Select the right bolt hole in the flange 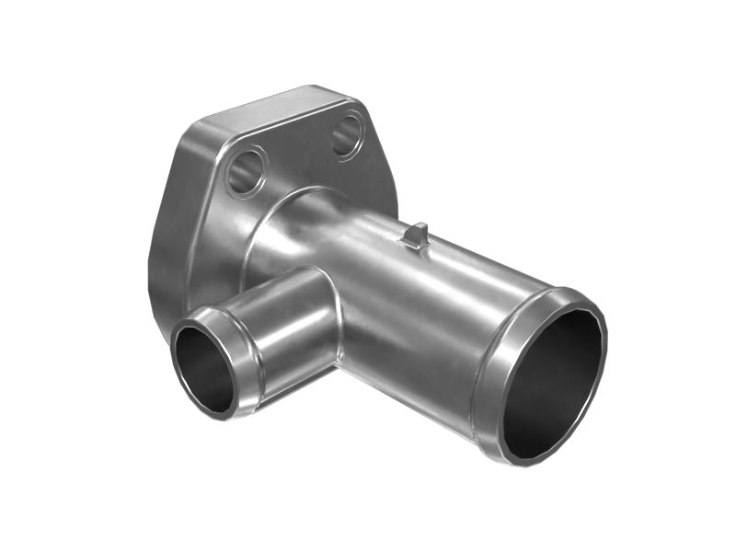(x=348, y=134)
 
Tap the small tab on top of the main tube (x=415, y=236)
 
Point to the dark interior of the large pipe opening (x=553, y=383)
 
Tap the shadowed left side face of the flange (x=166, y=248)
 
